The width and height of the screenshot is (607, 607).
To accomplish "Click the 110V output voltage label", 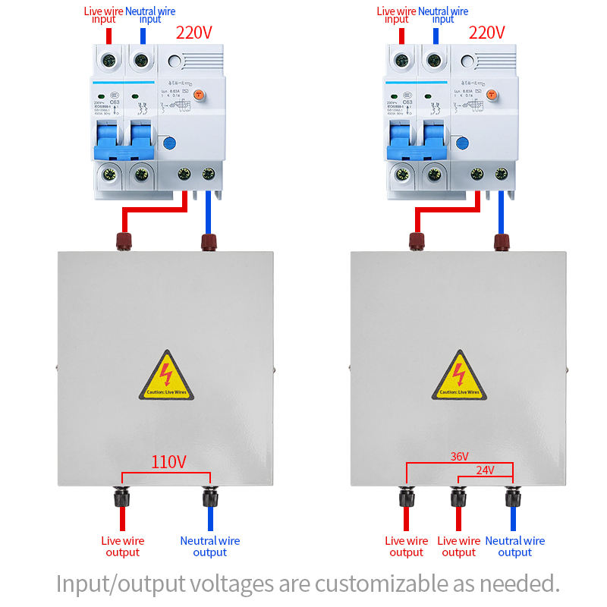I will (x=168, y=462).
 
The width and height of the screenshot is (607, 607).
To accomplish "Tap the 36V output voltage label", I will (x=460, y=456).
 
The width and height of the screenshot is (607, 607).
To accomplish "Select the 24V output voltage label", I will (x=485, y=470).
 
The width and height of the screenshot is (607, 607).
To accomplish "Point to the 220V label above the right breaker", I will (x=486, y=33).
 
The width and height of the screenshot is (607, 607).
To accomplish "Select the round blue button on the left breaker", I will (x=169, y=141).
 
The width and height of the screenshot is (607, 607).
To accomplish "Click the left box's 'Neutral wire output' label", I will (x=210, y=546).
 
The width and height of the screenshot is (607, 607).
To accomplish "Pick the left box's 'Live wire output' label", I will (x=123, y=546).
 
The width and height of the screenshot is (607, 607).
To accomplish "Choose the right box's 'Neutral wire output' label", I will (x=515, y=546).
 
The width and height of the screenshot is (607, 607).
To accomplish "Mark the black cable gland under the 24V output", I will (x=458, y=498).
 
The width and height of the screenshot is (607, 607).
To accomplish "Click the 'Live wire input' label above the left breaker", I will (x=104, y=14).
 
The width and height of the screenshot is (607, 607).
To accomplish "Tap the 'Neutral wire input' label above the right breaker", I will (x=443, y=14).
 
